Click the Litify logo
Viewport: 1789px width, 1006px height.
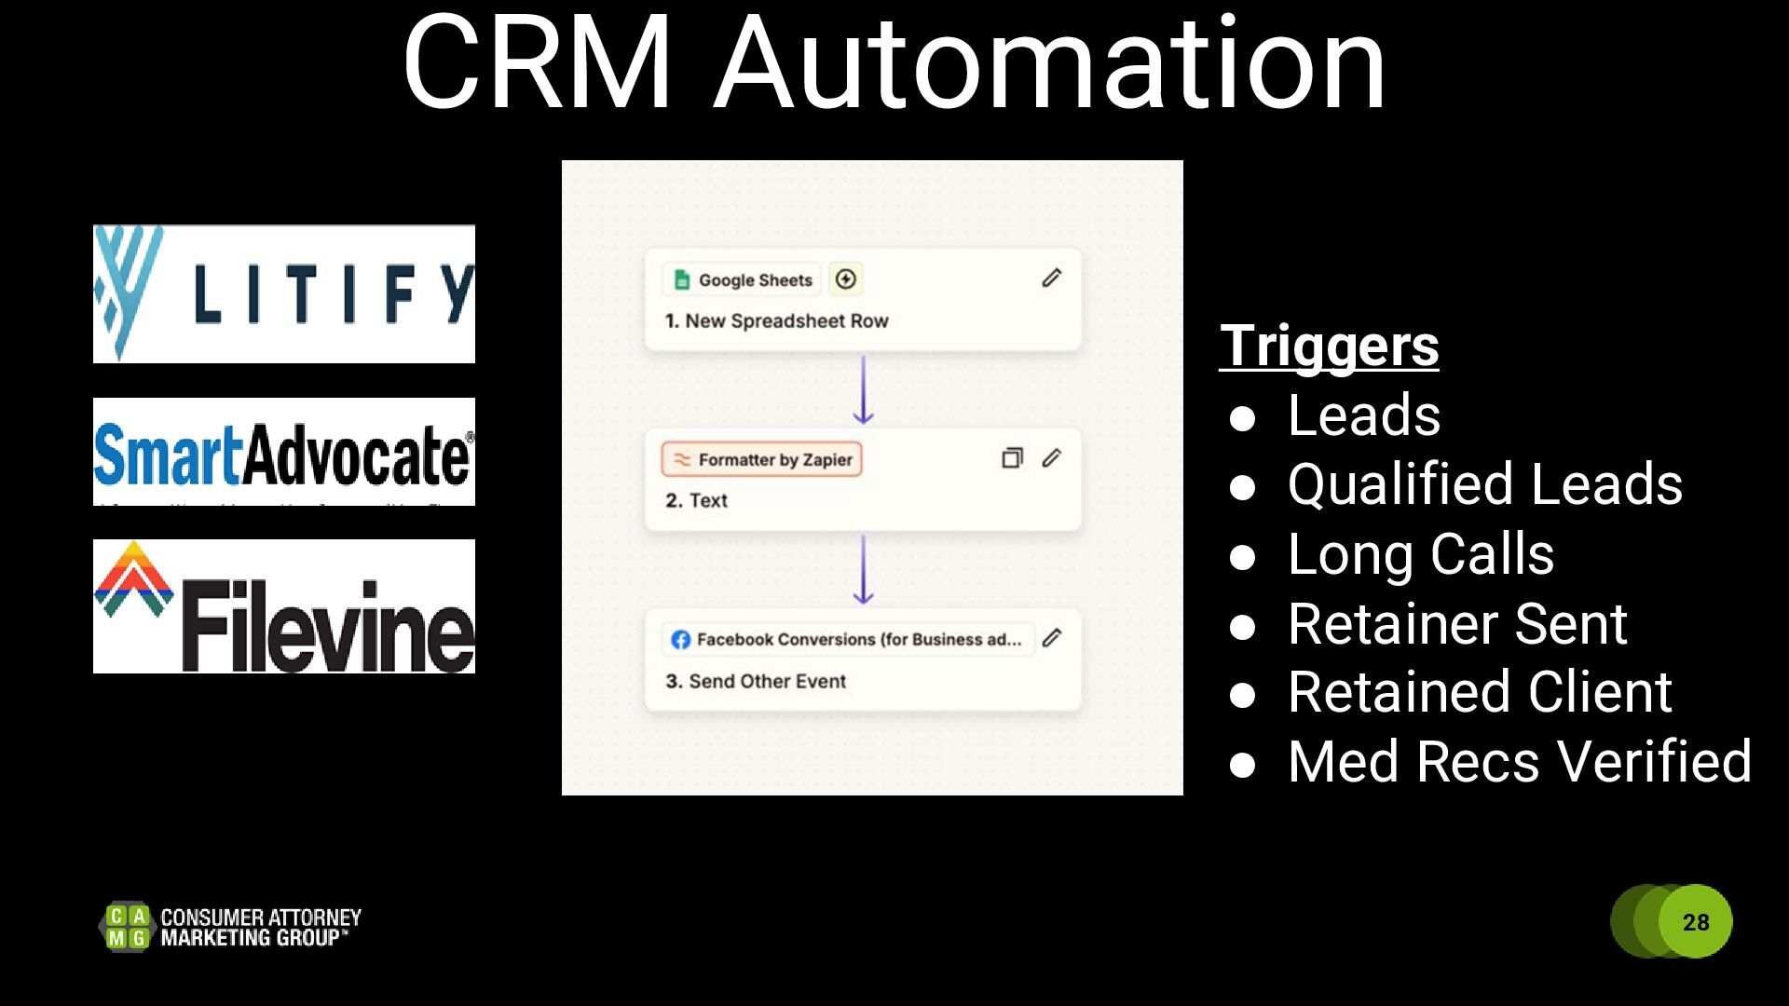284,293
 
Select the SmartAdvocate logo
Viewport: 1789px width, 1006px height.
284,453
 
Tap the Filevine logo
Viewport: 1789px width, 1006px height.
284,606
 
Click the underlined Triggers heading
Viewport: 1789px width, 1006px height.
1329,346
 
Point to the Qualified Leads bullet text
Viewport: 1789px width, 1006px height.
1484,484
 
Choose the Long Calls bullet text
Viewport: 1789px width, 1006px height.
1420,554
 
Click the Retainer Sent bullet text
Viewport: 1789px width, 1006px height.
1456,623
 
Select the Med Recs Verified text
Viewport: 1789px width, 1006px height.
1519,761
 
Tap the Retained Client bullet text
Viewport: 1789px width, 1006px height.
1480,692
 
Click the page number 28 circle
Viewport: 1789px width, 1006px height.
1695,921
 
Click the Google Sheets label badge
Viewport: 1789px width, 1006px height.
743,279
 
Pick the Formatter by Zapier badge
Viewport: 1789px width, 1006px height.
762,459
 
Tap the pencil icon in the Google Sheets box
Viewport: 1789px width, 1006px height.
1051,279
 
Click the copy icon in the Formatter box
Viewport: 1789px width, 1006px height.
1012,458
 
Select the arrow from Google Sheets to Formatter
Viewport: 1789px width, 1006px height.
864,389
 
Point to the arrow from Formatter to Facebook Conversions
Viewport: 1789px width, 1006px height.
864,569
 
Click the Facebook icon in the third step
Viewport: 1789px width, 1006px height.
681,640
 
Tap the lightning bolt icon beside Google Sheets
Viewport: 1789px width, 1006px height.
846,279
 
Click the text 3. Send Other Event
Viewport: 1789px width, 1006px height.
756,681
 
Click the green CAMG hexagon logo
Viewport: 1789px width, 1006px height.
127,927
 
